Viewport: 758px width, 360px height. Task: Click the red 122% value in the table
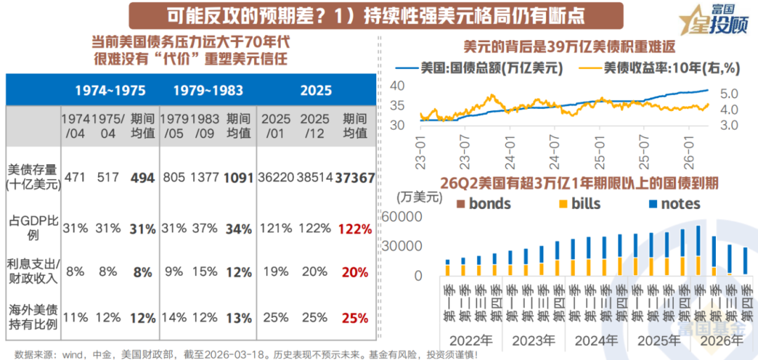(354, 229)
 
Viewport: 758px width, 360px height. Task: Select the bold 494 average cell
(143, 178)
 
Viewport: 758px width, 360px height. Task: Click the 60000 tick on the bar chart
(408, 219)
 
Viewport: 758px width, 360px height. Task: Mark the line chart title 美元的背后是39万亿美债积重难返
(569, 48)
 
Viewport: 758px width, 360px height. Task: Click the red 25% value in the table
(354, 318)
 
